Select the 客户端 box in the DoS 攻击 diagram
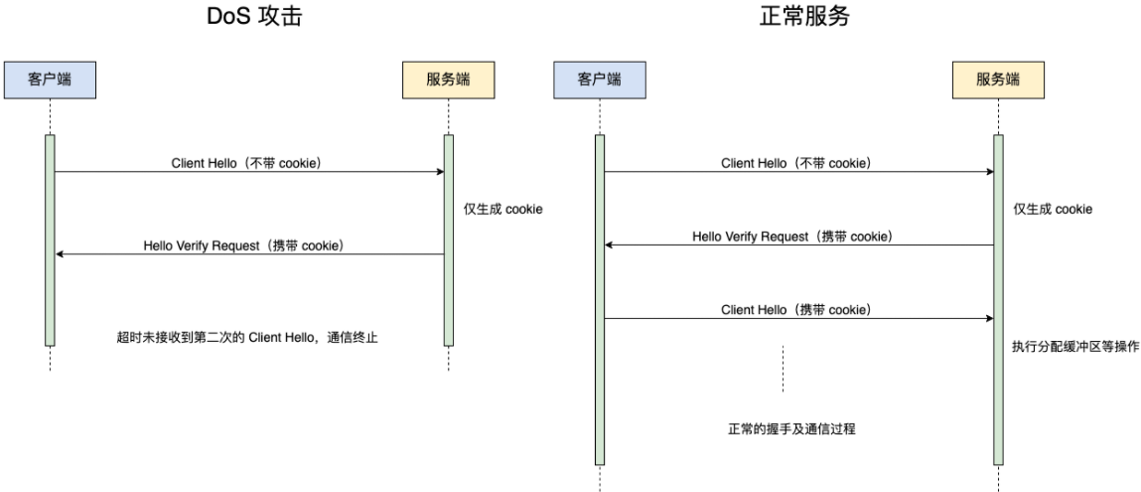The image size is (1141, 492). click(x=50, y=80)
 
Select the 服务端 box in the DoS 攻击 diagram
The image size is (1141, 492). click(x=448, y=80)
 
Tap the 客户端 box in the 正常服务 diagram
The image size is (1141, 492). click(x=600, y=80)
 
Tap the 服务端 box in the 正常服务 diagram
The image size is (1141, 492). click(x=997, y=80)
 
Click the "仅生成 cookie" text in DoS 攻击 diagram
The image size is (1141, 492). click(x=503, y=210)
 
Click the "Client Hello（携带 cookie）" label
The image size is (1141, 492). click(x=796, y=310)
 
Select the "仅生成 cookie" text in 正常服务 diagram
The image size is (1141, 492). click(x=1053, y=210)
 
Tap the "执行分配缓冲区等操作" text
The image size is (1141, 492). click(x=1074, y=347)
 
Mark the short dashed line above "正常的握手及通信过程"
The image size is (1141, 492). click(x=783, y=368)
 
